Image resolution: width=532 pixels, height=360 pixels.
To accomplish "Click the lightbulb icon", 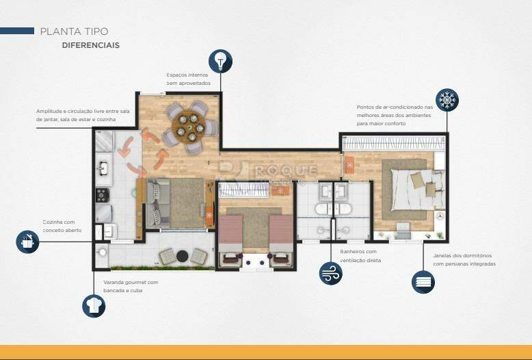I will coord(220,61).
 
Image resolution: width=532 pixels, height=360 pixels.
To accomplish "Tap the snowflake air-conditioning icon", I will coord(447,101).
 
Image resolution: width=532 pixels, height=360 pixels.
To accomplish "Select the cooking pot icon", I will coord(28,241).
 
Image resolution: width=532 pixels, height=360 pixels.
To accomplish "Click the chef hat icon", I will coord(94,305).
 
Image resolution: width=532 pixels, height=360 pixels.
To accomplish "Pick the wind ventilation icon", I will coord(331,273).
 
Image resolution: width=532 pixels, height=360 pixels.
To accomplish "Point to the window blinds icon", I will coord(423,281).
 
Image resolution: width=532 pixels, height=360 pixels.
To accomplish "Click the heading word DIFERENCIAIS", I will coord(90,45).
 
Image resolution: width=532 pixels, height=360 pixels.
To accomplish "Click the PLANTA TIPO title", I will coord(74,31).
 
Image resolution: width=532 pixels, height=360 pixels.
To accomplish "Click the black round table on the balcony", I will coord(183,256).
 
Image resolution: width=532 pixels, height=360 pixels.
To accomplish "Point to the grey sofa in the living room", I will coord(156,203).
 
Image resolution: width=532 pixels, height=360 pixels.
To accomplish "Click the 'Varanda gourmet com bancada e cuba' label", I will coord(130,286).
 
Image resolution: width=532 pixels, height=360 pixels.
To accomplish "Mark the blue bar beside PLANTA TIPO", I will coord(17,31).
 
